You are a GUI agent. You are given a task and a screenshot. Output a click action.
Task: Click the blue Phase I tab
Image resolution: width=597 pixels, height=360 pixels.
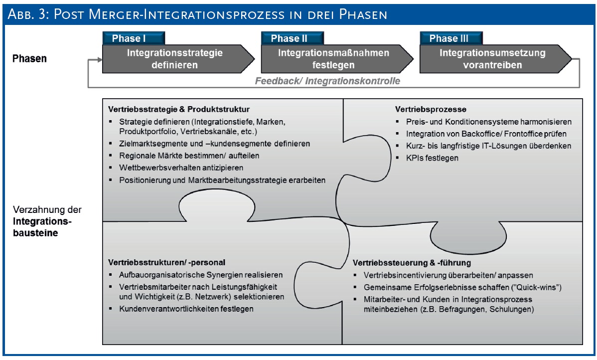point(129,38)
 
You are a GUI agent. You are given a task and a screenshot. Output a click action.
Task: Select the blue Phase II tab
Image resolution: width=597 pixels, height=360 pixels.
point(289,38)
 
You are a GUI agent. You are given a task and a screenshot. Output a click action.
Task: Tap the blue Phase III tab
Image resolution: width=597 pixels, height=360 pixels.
point(447,38)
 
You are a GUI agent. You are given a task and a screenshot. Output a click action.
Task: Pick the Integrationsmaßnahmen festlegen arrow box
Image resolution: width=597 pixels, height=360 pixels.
point(334,59)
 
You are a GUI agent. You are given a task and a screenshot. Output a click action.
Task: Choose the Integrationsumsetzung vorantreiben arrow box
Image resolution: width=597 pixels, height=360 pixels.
point(493,59)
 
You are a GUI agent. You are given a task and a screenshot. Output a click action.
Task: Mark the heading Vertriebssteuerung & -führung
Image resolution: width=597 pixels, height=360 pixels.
point(412,262)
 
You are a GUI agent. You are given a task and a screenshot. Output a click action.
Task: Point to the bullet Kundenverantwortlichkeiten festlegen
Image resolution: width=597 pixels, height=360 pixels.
point(186,309)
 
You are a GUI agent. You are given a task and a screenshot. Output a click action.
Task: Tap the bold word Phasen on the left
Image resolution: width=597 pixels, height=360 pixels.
point(30,58)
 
